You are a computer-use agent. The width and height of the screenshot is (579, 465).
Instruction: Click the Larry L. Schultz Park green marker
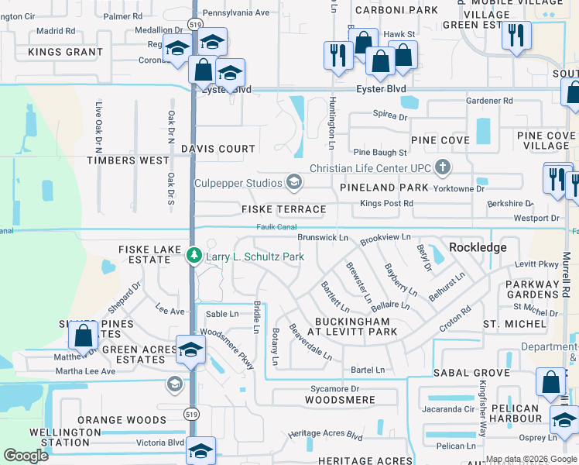pos(194,255)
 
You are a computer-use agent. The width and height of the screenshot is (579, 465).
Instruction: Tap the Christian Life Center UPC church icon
pos(442,167)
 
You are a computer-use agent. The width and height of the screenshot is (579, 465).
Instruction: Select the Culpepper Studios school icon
pos(293,182)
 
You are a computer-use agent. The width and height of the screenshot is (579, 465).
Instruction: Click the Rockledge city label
pos(478,247)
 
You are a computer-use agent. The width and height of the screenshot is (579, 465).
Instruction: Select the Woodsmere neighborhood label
pos(340,400)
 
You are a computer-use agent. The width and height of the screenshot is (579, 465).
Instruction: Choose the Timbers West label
pos(128,160)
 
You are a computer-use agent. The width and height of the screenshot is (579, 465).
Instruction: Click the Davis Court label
pos(218,148)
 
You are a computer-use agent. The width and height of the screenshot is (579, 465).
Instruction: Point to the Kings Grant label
pos(65,52)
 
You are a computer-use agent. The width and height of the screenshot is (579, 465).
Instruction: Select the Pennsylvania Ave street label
pos(236,12)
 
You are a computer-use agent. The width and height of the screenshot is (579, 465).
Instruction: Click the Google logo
pos(26,456)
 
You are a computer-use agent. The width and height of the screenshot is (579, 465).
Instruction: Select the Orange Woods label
pos(111,420)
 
